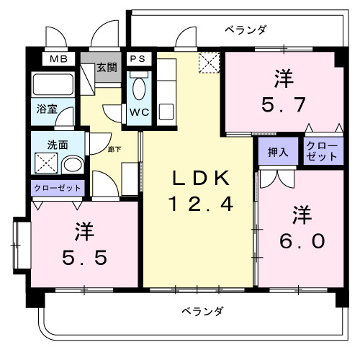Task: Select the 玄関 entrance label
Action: (107, 69)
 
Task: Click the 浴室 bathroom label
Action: (48, 110)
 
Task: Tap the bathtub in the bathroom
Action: (53, 85)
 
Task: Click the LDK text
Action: (200, 177)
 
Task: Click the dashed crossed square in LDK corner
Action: (209, 65)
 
